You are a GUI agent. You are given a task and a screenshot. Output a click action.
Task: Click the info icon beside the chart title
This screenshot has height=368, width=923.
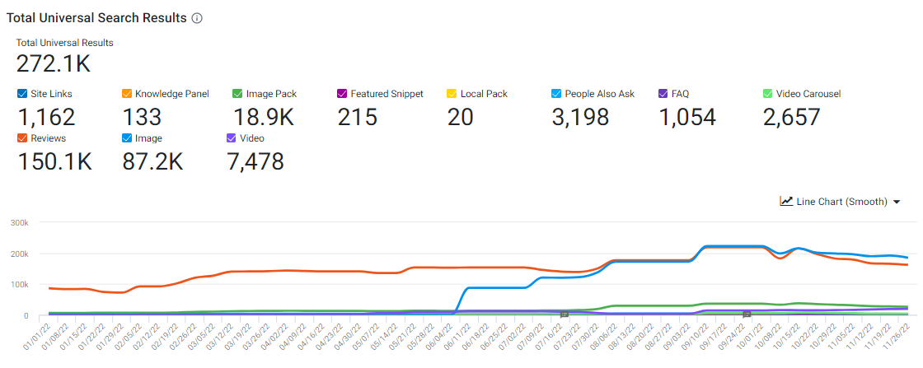click(x=197, y=18)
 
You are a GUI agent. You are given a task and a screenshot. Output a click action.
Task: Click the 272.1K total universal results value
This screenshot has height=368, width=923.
click(x=53, y=63)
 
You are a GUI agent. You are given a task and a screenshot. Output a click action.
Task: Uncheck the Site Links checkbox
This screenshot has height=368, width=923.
click(x=22, y=94)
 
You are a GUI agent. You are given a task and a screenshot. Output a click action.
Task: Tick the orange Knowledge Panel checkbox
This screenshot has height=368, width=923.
click(x=127, y=94)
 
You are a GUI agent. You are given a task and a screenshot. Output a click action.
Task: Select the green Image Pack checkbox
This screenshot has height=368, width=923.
click(x=237, y=94)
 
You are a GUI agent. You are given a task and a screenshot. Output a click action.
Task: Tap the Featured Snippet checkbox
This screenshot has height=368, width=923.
click(x=343, y=94)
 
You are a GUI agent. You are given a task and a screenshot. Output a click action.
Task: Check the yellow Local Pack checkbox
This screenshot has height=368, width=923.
click(x=452, y=94)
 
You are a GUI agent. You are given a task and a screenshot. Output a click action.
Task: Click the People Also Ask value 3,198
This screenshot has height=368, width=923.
click(x=580, y=118)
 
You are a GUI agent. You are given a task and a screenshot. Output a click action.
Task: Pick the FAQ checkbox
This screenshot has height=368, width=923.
click(x=664, y=94)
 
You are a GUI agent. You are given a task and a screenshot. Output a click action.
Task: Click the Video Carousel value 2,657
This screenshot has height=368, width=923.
click(x=792, y=118)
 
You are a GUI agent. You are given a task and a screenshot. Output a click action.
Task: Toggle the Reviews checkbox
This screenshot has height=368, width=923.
click(x=22, y=138)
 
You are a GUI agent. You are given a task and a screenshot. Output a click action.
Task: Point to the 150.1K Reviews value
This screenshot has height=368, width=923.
click(x=54, y=162)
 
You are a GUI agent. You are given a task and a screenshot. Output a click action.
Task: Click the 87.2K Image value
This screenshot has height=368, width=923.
click(x=152, y=162)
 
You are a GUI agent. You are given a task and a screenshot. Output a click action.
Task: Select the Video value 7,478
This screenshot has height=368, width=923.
click(x=255, y=162)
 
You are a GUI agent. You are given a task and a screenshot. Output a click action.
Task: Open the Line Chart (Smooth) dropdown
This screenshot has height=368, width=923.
click(x=840, y=202)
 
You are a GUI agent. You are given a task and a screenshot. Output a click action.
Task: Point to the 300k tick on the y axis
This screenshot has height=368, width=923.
click(x=18, y=222)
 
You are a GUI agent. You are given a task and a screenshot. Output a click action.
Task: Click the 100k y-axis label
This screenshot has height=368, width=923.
click(x=18, y=285)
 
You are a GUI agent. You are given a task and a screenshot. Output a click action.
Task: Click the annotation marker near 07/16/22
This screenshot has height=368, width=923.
click(x=565, y=314)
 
